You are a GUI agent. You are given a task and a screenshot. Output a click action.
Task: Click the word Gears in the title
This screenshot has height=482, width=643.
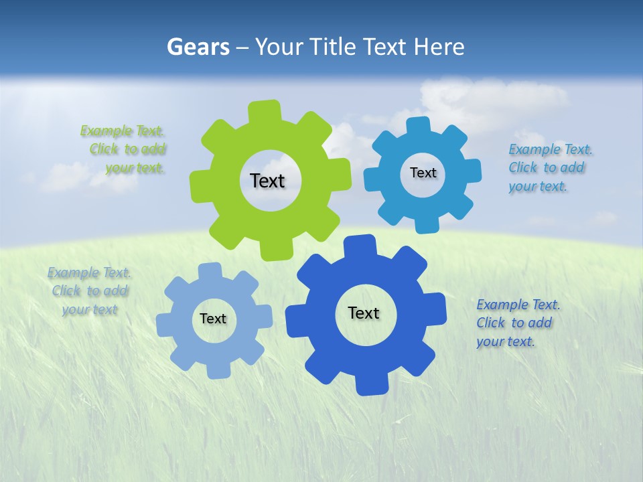[197, 48]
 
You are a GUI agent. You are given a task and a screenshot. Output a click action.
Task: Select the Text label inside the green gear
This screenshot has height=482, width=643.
[267, 181]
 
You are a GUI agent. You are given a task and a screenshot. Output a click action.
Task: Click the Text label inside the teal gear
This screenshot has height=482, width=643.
[423, 173]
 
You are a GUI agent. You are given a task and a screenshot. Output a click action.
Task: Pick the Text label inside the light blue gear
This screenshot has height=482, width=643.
[213, 319]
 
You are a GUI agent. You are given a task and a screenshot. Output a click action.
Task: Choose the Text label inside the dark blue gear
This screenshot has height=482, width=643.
[364, 313]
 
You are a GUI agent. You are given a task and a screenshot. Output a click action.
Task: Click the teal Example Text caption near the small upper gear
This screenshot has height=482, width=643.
[549, 167]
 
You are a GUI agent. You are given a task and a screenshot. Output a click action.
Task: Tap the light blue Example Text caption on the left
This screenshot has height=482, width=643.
[89, 291]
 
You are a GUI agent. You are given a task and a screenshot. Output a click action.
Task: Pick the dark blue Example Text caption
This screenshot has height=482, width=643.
[516, 323]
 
